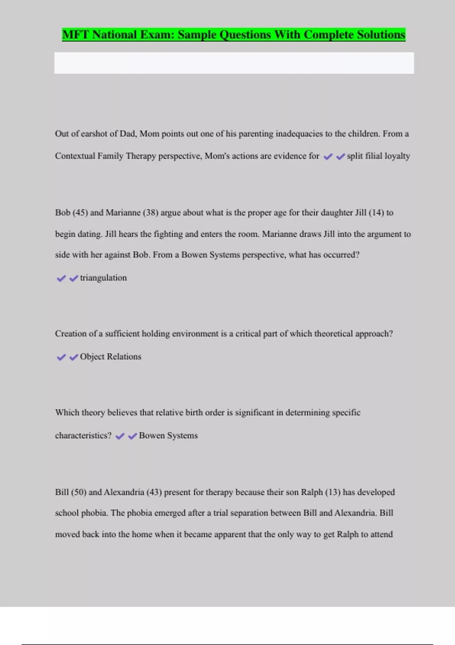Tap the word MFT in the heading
[75, 35]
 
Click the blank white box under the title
[234, 63]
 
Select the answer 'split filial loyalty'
[378, 156]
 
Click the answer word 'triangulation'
[104, 278]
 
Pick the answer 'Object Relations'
[110, 357]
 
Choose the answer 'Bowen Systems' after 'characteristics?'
[168, 436]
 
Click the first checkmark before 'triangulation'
[61, 278]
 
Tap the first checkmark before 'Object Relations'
[61, 357]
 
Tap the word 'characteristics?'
[83, 436]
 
